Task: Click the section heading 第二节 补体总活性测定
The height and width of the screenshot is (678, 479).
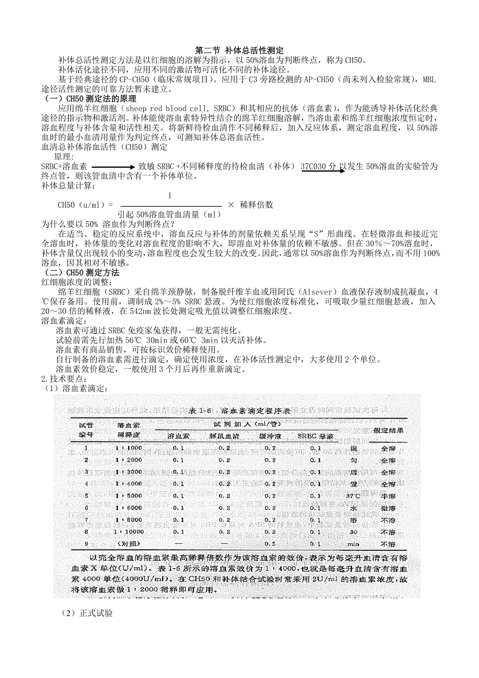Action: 240,51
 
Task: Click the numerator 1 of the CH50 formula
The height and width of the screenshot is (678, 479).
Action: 170,196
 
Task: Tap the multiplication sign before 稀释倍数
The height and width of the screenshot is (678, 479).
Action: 231,205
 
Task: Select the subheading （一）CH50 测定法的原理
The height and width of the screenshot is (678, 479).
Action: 89,99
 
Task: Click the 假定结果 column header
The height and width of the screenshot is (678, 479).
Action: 388,430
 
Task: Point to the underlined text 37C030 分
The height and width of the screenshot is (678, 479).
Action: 319,166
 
